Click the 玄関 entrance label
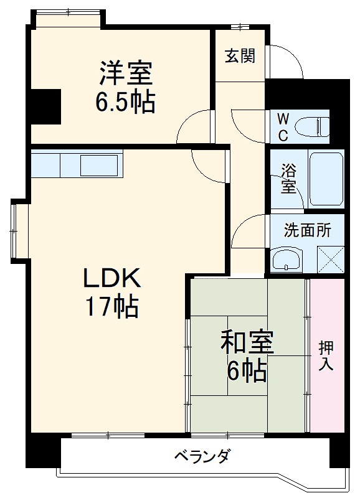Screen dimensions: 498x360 point(240,56)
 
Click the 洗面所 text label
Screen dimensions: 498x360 point(307,230)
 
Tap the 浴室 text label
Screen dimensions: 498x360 point(288,178)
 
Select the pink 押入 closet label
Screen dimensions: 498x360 point(326,355)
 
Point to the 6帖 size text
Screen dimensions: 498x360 point(247,371)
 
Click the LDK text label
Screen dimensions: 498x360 point(113,278)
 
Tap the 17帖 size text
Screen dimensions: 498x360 point(113,306)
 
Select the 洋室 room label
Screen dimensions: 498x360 point(126,73)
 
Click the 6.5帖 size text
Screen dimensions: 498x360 point(126,102)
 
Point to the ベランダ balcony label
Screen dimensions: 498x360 point(201,457)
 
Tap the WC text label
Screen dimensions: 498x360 point(283,126)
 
